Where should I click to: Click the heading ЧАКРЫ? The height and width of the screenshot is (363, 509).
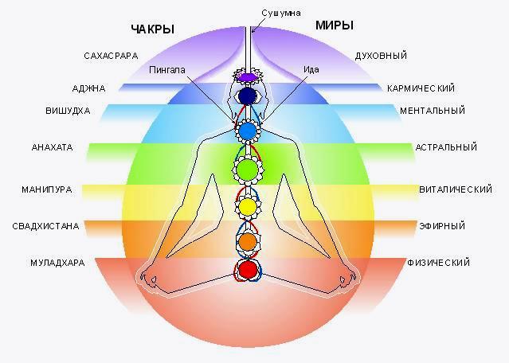[153, 29]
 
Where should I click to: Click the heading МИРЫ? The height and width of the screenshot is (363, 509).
[335, 25]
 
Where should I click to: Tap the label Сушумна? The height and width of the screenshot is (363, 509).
[281, 13]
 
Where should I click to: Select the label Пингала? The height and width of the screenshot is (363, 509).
[167, 70]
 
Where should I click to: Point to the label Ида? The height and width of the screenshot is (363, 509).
[311, 69]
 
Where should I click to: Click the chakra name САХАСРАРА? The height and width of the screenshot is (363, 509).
[111, 56]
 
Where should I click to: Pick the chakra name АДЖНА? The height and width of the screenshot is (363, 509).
[88, 88]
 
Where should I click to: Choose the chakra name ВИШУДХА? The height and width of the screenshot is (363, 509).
[68, 111]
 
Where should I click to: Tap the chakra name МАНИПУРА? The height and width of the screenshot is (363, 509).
[47, 189]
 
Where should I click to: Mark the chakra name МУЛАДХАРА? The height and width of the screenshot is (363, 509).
[57, 263]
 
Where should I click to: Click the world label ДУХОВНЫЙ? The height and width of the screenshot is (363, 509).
[381, 56]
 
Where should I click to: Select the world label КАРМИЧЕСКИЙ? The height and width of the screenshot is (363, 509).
[421, 88]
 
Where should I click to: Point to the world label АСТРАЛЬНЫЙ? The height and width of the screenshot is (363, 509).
[446, 147]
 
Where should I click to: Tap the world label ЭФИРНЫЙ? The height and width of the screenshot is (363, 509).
[442, 226]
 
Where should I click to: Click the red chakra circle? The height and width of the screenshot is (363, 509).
[248, 269]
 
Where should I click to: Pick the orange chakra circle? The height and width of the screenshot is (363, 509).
[248, 242]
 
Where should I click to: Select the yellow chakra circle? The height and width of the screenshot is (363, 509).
[248, 207]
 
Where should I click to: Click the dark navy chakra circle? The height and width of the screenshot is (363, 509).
[248, 96]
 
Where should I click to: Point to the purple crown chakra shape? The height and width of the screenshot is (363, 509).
[249, 77]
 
